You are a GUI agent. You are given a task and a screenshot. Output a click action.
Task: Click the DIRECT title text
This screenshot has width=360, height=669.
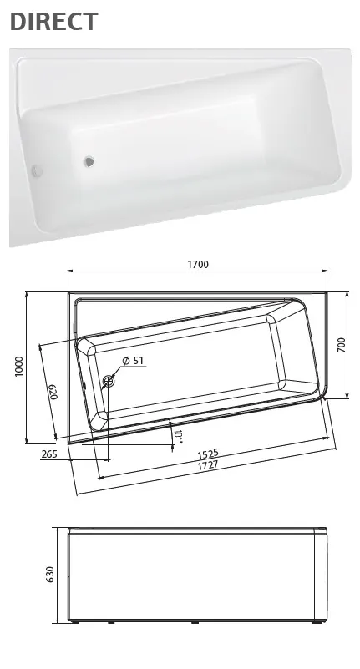pos(53,23)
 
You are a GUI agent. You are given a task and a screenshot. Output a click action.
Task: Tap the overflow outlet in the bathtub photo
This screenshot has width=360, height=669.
pos(36,171)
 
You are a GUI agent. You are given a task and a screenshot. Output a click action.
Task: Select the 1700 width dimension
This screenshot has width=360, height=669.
pos(198,265)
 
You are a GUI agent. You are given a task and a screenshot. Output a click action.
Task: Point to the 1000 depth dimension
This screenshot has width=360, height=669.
pos(18,367)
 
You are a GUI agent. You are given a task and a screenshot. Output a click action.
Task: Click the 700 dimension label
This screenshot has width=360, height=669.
pos(342,345)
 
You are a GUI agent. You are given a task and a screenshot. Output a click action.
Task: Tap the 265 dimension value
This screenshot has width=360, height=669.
pos(48,454)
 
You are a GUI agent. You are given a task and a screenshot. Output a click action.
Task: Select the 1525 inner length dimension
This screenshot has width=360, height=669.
pos(208,454)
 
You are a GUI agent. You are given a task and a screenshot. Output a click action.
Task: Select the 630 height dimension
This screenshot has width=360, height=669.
pos(50,575)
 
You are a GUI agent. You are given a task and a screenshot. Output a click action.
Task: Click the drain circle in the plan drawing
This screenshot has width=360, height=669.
pos(109,383)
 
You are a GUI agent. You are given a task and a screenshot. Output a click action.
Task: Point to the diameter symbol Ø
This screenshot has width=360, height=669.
pos(125,361)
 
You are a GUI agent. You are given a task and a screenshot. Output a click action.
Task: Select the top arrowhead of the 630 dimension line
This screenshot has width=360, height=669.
pos(59,530)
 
